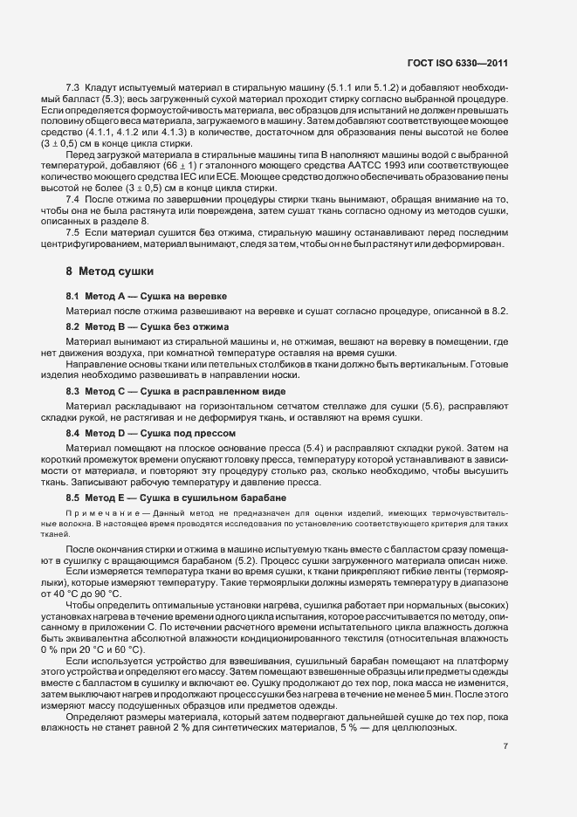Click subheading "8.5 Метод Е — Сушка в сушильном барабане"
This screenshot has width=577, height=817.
(x=175, y=495)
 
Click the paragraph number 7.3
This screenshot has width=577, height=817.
(x=73, y=88)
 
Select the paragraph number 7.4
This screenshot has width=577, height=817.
(x=73, y=224)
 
